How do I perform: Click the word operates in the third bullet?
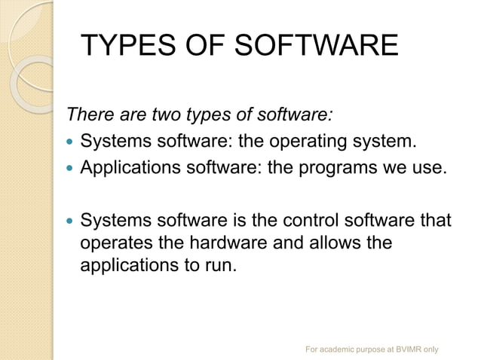pyautogui.click(x=113, y=244)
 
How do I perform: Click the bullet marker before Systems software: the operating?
pyautogui.click(x=70, y=141)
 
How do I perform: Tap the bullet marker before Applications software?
pyautogui.click(x=70, y=166)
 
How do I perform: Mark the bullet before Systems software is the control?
pyautogui.click(x=70, y=221)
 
